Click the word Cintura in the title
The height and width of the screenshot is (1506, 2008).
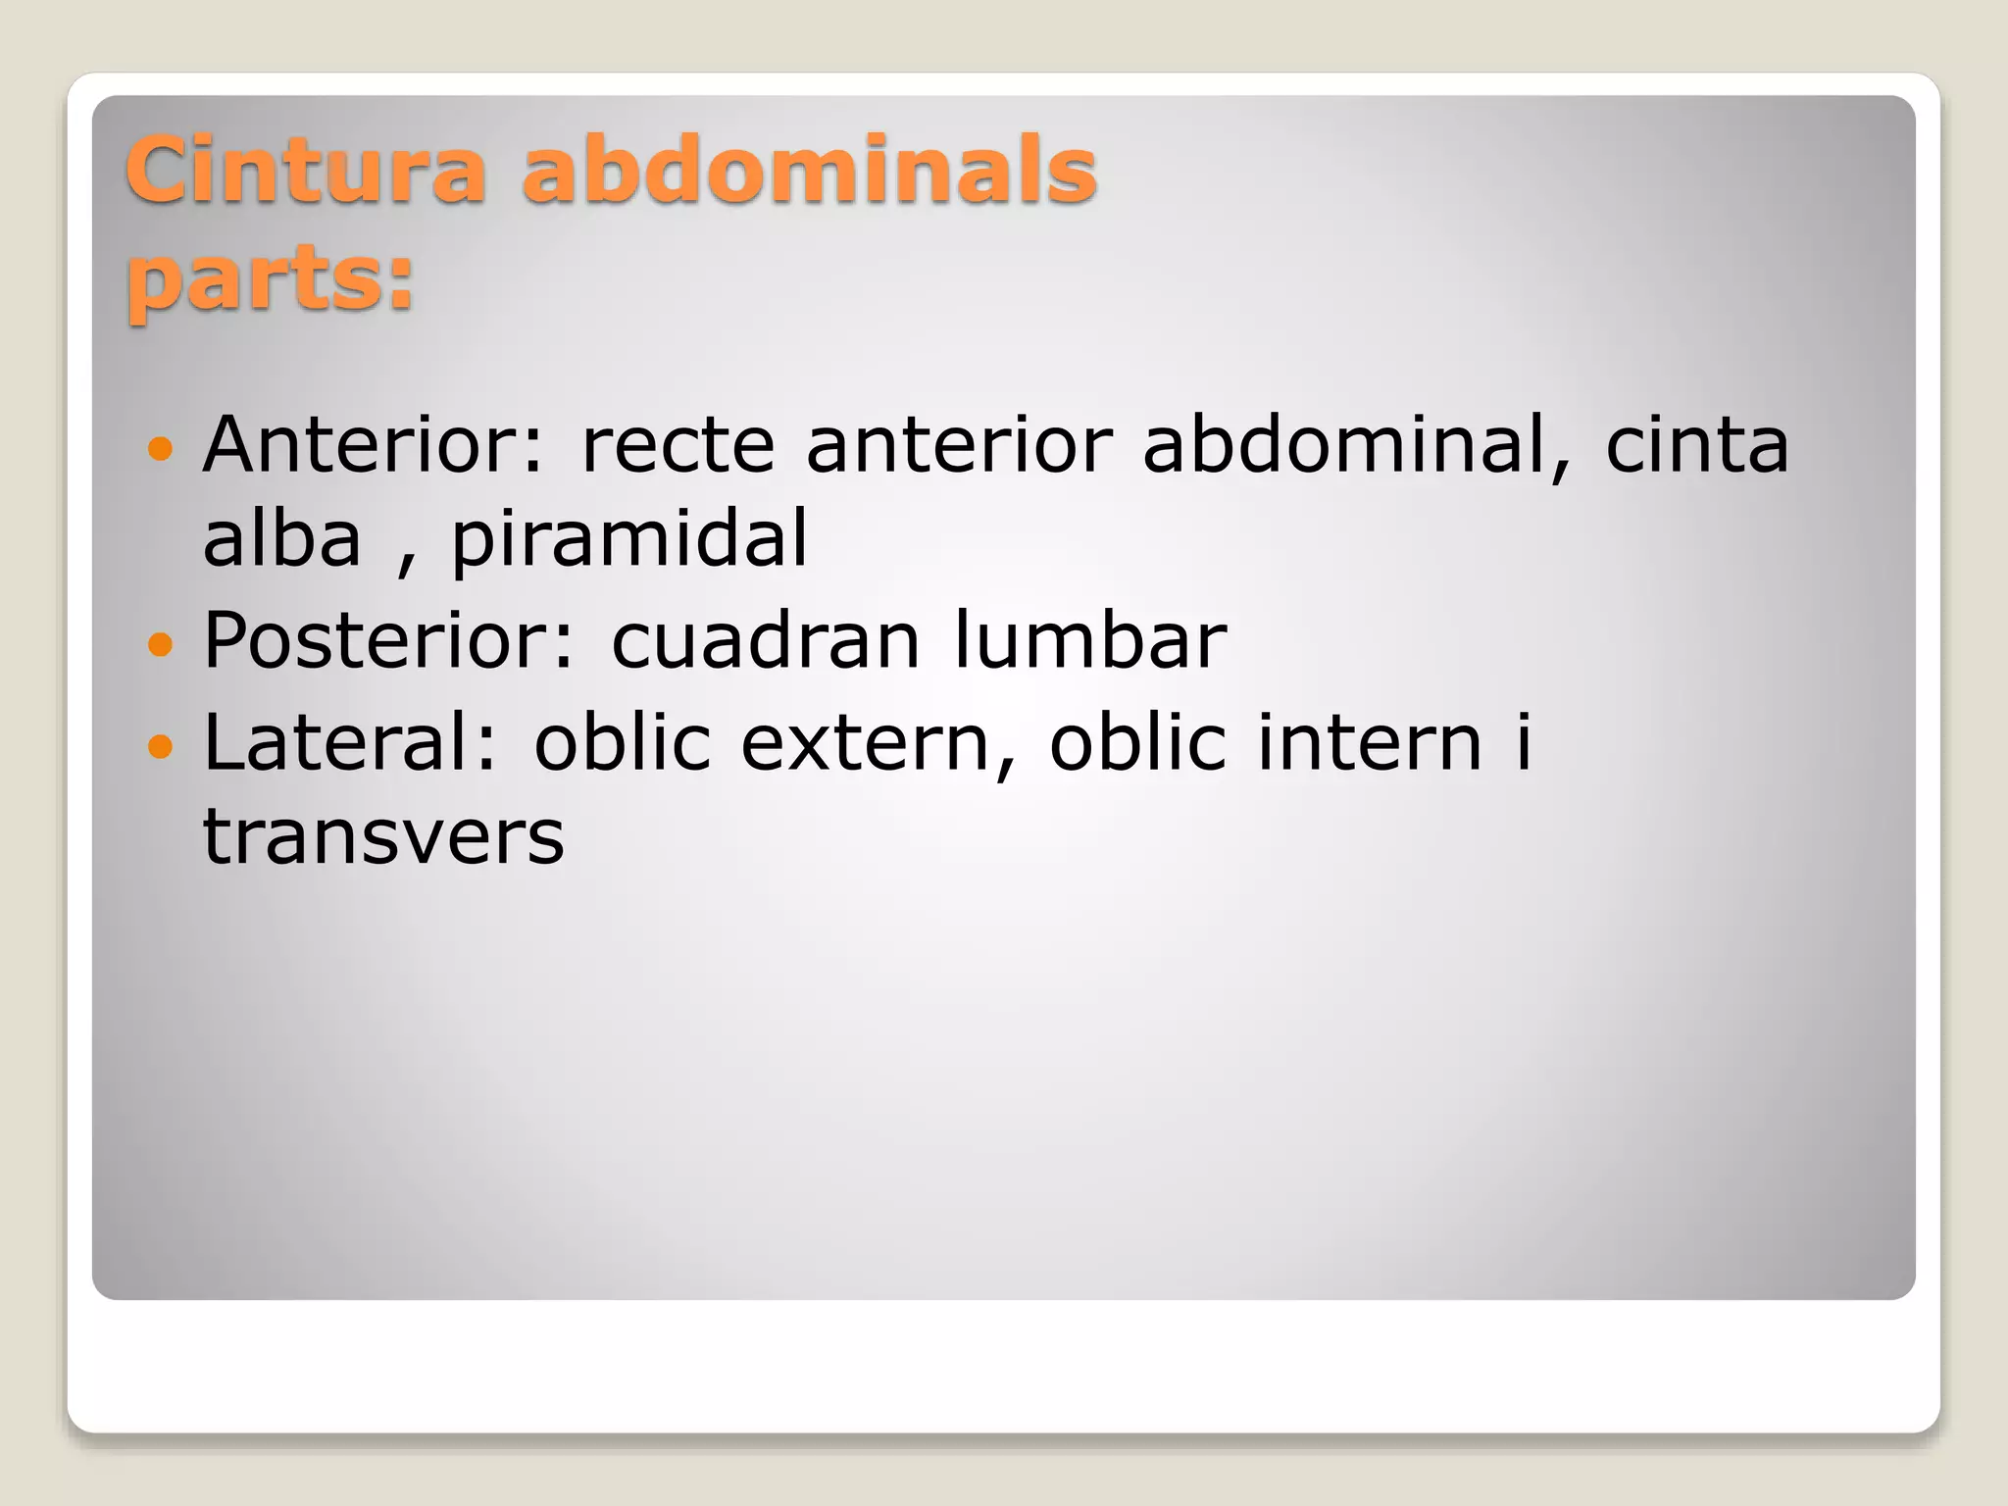click(x=305, y=172)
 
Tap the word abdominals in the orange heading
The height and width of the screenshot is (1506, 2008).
click(x=810, y=172)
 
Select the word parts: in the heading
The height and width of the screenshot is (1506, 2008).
click(x=271, y=280)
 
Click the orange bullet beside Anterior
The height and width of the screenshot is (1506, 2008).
click(x=159, y=450)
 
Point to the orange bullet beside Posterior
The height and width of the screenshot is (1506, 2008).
click(x=159, y=644)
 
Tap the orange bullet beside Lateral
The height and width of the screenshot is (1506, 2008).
click(x=159, y=747)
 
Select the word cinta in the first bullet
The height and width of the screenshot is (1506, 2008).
click(x=1697, y=446)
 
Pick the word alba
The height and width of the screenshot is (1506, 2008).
click(x=282, y=540)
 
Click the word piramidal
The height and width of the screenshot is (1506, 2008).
click(x=629, y=540)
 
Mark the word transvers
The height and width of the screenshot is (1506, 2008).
click(x=383, y=838)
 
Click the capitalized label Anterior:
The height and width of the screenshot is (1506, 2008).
click(x=373, y=446)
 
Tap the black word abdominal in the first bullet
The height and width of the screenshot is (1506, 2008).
click(x=1357, y=446)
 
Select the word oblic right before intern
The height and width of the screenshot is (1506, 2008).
click(x=1138, y=743)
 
